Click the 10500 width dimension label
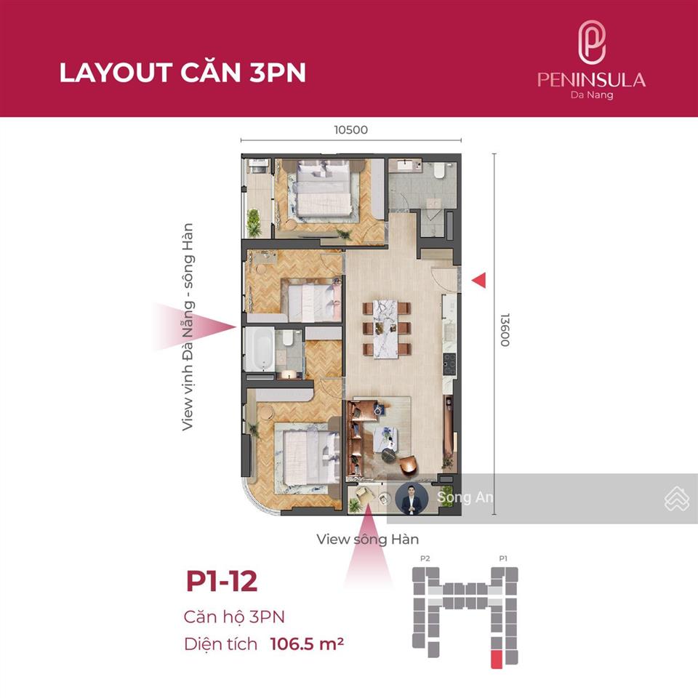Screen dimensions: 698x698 pyautogui.click(x=350, y=130)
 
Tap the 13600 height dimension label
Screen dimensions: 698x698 pyautogui.click(x=505, y=330)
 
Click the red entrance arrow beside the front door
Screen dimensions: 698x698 pyautogui.click(x=479, y=281)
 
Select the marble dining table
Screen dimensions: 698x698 pyautogui.click(x=385, y=329)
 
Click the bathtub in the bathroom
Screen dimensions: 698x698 pyautogui.click(x=259, y=350)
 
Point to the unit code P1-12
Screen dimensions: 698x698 pyautogui.click(x=222, y=581)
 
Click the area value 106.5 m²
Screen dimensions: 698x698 pyautogui.click(x=307, y=643)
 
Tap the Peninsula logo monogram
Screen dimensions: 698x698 pyautogui.click(x=592, y=43)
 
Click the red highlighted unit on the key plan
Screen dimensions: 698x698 pyautogui.click(x=497, y=659)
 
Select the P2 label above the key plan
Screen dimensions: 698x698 pyautogui.click(x=425, y=558)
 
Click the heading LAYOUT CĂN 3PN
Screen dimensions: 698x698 pyautogui.click(x=182, y=73)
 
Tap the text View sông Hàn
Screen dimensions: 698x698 pyautogui.click(x=368, y=539)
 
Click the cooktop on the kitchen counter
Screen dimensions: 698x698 pyautogui.click(x=449, y=364)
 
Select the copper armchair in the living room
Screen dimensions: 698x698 pyautogui.click(x=409, y=465)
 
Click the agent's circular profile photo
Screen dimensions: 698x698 pyautogui.click(x=412, y=498)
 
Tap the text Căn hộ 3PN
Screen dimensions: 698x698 pyautogui.click(x=234, y=617)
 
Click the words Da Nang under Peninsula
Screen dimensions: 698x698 pyautogui.click(x=592, y=95)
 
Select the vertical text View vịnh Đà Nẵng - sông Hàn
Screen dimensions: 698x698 pyautogui.click(x=188, y=326)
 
